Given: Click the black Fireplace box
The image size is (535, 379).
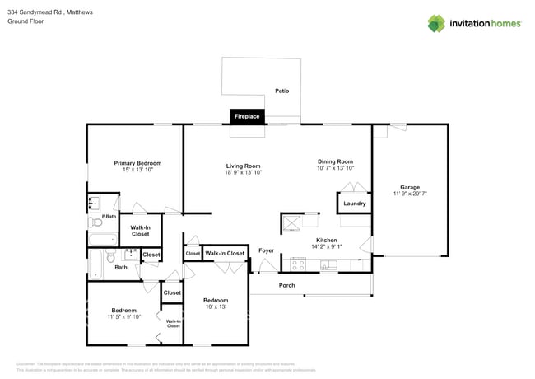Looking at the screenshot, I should click(247, 116).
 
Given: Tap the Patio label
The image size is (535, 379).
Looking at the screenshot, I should click(282, 91).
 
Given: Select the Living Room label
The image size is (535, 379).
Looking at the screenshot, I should click(243, 165).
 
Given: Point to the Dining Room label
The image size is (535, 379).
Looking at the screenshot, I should click(335, 161).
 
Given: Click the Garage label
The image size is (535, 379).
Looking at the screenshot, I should click(410, 187).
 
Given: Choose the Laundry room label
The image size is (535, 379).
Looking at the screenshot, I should click(355, 204).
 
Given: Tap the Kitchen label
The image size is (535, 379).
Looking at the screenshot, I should click(327, 240).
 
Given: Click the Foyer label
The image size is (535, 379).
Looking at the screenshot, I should click(267, 250).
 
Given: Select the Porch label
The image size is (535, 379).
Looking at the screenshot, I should click(286, 285).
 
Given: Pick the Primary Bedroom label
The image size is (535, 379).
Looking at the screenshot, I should click(137, 163).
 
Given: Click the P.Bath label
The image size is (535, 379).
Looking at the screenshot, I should click(108, 216).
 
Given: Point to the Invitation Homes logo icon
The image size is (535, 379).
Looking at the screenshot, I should click(437, 23).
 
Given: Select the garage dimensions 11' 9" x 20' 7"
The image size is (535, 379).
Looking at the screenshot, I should click(410, 194).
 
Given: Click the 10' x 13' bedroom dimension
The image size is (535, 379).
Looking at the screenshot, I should click(216, 306).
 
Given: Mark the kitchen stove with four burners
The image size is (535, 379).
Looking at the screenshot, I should click(298, 265).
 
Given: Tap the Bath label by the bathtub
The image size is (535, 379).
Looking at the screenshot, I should click(121, 267).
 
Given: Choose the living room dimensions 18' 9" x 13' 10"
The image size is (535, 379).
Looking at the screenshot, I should click(243, 172).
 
